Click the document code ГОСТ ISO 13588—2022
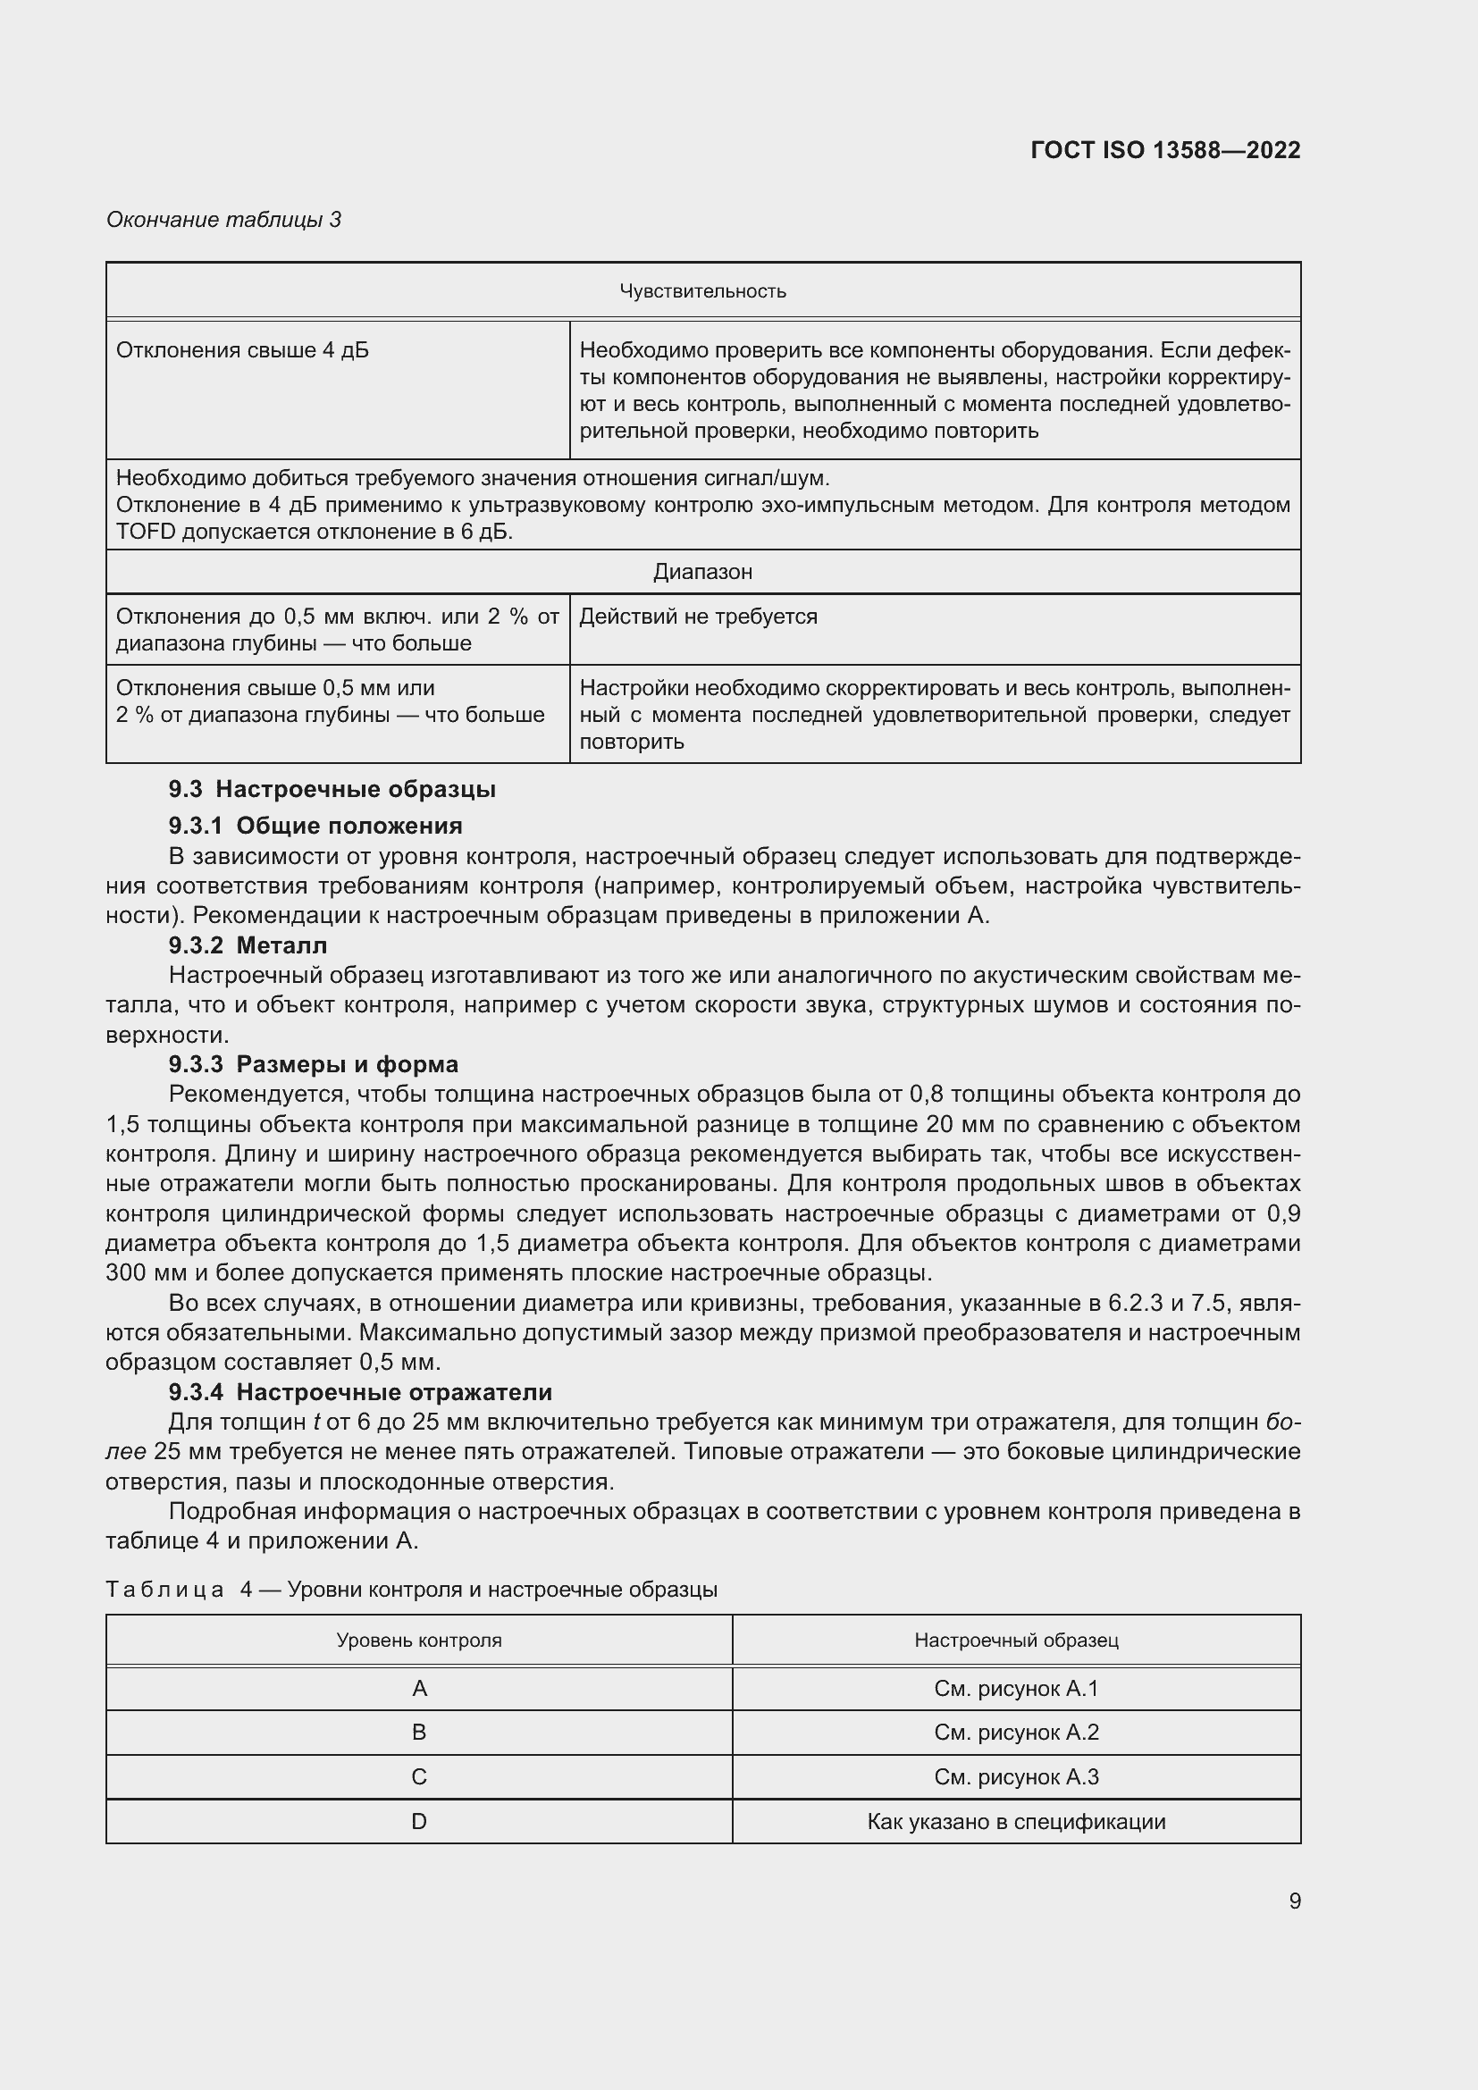pos(1165,150)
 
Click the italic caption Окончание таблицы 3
pos(224,220)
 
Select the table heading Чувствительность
pos(702,291)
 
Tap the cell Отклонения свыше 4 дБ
pos(242,350)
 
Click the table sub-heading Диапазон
pos(702,572)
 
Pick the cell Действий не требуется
pos(698,617)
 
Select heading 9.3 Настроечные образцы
pos(332,789)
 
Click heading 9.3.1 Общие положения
pos(315,826)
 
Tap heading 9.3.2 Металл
pos(248,944)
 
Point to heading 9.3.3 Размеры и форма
pos(313,1064)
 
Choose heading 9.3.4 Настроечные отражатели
pos(359,1392)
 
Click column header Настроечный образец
pos(1016,1641)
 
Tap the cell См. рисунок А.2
pos(1016,1733)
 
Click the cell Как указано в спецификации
pos(1016,1822)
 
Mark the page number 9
pos(1294,1901)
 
